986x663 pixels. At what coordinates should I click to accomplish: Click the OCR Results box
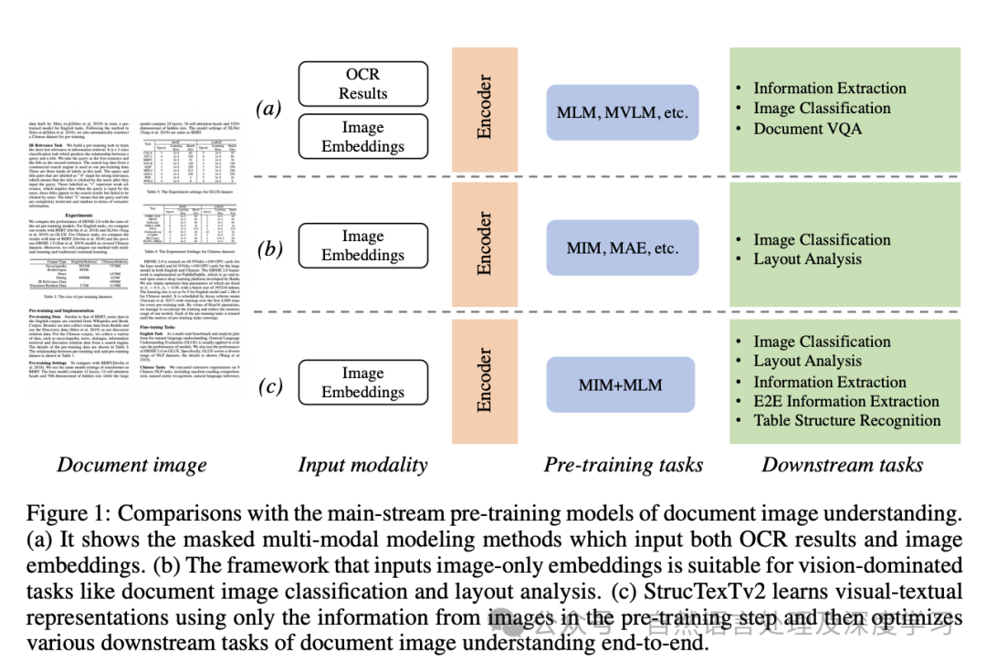click(362, 83)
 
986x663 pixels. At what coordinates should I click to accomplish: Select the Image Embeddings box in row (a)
click(362, 137)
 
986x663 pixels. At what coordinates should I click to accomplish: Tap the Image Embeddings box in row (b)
click(362, 245)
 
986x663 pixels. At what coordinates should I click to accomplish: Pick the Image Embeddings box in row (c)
click(362, 382)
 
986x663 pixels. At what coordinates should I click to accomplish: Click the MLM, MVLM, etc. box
click(622, 113)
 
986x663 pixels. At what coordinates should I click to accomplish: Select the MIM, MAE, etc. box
click(622, 247)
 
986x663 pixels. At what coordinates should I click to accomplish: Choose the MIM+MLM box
click(622, 385)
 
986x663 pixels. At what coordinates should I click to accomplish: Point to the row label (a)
click(270, 110)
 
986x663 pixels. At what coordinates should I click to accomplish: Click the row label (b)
click(270, 248)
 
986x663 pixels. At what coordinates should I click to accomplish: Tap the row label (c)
click(270, 386)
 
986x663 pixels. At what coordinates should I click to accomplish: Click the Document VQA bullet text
click(807, 129)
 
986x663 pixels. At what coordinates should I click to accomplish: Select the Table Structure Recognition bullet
click(846, 421)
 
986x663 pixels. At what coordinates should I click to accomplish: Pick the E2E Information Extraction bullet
click(845, 401)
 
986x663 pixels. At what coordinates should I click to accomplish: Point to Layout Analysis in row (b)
click(807, 259)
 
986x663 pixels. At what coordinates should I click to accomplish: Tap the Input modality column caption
click(362, 465)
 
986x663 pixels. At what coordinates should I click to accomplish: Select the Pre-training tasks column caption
click(624, 465)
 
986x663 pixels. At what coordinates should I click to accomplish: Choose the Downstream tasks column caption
click(842, 465)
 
